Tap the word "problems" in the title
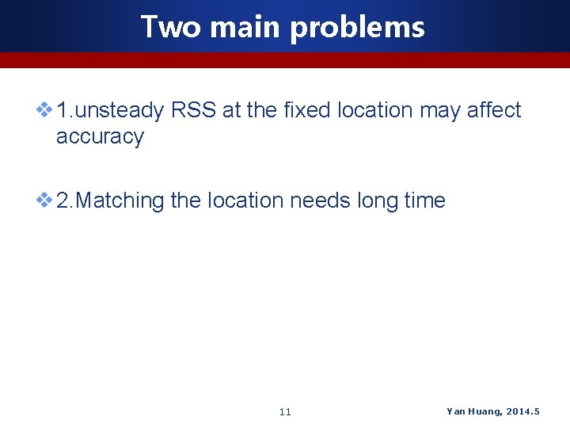click(x=357, y=29)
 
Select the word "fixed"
click(x=306, y=110)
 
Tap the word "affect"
click(x=494, y=110)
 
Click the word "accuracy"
click(x=100, y=137)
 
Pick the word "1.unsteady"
click(x=110, y=110)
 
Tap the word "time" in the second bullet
click(x=425, y=201)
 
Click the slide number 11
click(x=286, y=412)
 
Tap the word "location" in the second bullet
click(x=245, y=201)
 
